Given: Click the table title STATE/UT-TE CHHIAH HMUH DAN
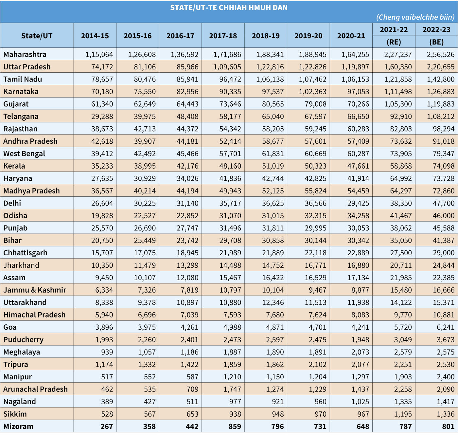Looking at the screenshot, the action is coord(229,8).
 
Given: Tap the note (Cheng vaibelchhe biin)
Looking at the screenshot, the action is coord(415,17).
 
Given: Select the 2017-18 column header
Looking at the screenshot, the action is coord(223,36).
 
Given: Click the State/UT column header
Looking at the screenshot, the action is coord(37,36).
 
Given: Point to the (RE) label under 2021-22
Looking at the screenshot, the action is coord(394,42).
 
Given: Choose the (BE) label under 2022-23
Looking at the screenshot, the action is coord(436,42).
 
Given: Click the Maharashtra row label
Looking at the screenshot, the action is coord(25,54).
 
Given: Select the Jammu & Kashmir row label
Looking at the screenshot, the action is coord(35,290).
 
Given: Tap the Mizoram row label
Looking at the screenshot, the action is coord(18,426).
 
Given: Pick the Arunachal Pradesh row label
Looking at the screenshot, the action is coord(35,389).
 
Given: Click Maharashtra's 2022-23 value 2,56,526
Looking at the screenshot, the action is coord(441,54).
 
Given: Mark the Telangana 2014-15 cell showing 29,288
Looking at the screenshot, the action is coord(102,116).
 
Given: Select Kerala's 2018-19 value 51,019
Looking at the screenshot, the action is coord(273,166).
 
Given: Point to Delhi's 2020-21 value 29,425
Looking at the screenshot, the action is coord(358,203).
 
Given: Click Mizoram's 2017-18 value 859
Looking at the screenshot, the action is coord(235,426).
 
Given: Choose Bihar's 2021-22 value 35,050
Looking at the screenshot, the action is coord(401,240).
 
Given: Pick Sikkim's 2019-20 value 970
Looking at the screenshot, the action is coord(320,414).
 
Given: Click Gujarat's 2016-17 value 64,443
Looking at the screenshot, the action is coord(187,104).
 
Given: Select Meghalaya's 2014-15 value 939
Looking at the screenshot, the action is coord(107,352).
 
